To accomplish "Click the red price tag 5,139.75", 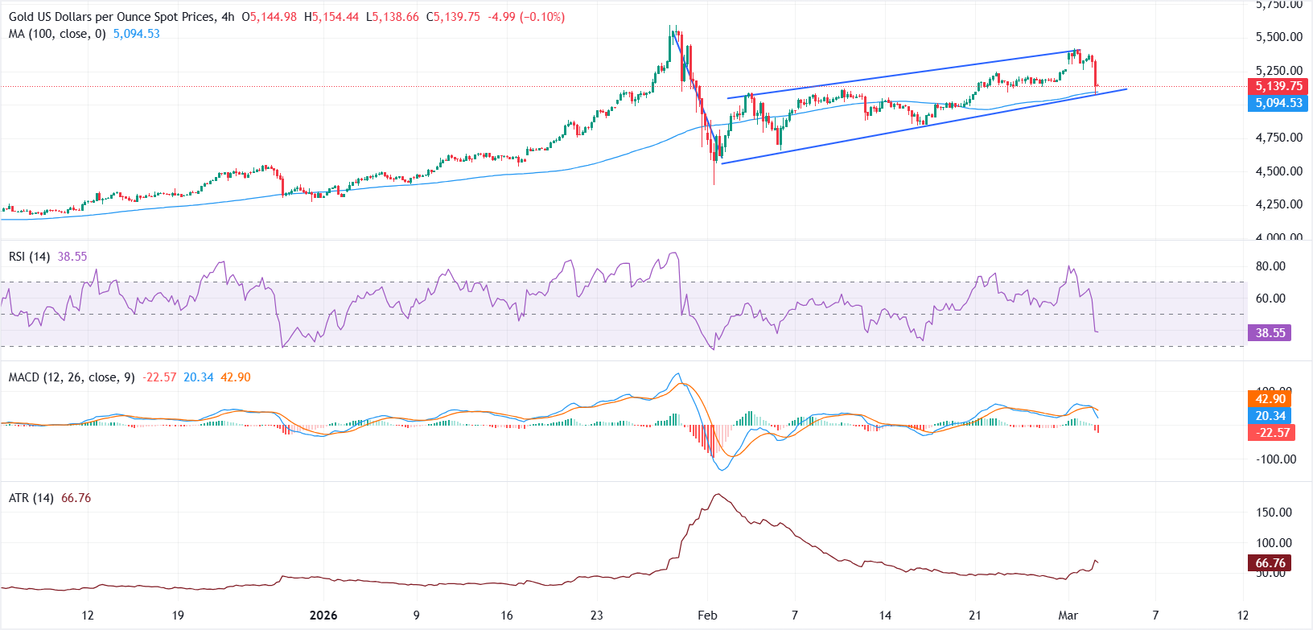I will [1279, 86].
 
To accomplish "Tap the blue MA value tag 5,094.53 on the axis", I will [1279, 103].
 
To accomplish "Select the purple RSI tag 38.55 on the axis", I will [1270, 332].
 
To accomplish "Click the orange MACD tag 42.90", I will [1270, 399].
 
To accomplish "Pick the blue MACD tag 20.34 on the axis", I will [1270, 416].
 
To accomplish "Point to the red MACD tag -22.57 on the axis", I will [1270, 433].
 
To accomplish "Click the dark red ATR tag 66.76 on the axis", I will [1270, 563].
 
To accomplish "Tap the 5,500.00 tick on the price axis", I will [1279, 37].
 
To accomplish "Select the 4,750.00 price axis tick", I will [1279, 138].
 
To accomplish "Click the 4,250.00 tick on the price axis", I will [1279, 204].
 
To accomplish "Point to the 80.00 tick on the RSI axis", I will [1270, 266].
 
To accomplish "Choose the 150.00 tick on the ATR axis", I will [1274, 513].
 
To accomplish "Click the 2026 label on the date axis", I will [323, 616].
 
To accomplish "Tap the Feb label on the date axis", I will [707, 616].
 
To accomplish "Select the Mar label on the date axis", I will [1068, 616].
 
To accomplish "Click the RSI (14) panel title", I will [29, 257].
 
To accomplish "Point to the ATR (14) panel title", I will [31, 498].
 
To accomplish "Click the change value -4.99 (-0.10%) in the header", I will [526, 17].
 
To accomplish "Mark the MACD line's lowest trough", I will [721, 470].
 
